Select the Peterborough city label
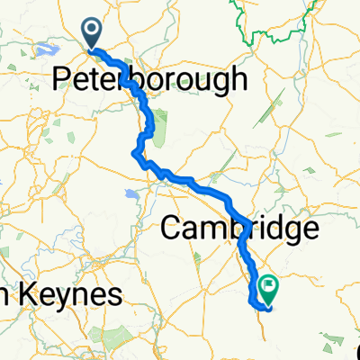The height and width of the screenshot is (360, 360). (x=149, y=79)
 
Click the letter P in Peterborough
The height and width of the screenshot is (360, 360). (x=62, y=79)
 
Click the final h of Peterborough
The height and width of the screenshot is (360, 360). (x=238, y=78)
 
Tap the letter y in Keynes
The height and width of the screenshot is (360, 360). (x=67, y=299)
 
